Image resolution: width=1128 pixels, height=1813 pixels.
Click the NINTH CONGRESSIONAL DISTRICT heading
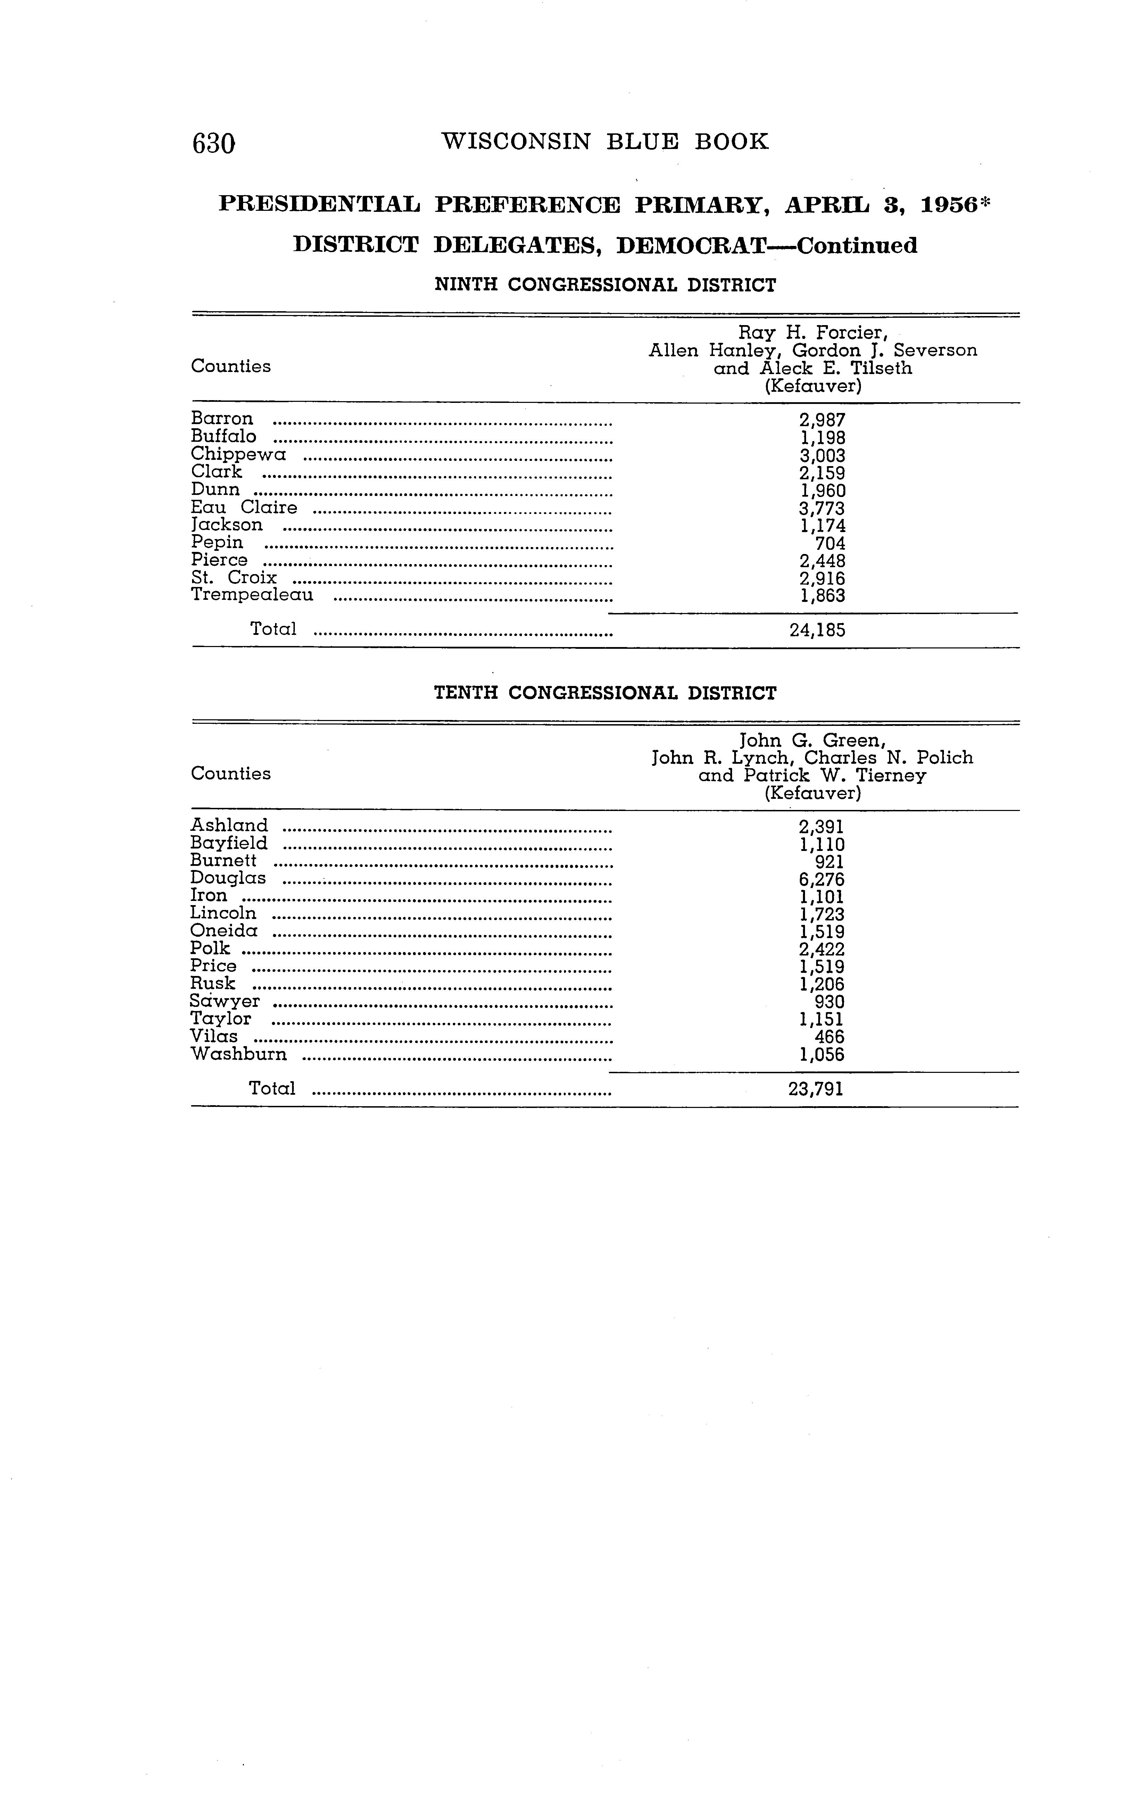(605, 285)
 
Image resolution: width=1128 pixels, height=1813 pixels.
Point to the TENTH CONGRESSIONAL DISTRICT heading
(605, 693)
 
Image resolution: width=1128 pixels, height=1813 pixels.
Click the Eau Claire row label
(244, 507)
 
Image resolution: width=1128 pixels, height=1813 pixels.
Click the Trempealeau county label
(252, 595)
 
